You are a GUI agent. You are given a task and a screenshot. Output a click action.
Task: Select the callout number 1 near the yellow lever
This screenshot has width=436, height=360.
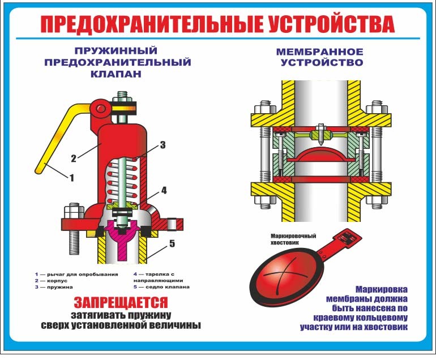(x=71, y=178)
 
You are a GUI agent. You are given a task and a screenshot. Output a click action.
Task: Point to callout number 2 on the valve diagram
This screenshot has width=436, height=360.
(x=73, y=157)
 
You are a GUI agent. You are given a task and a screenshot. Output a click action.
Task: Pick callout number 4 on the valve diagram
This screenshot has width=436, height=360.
(x=164, y=191)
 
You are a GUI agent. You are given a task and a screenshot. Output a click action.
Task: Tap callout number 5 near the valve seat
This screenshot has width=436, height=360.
(x=172, y=245)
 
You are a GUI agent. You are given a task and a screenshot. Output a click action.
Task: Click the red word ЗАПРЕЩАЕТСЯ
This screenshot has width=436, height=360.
(x=121, y=302)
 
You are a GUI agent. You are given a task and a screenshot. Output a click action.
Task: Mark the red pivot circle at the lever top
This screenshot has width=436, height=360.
(x=101, y=106)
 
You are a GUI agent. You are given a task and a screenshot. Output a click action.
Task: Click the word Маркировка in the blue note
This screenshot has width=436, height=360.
(x=382, y=288)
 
